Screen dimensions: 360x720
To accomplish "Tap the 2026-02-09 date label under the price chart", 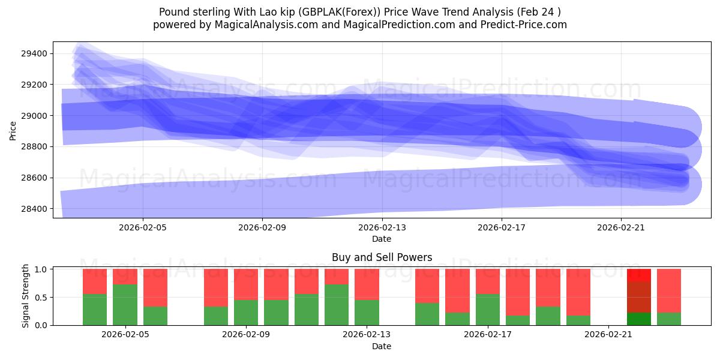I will (x=262, y=227).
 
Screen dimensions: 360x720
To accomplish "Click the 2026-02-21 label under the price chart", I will (x=620, y=227).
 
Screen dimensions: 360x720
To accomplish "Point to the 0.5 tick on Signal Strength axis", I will (x=42, y=298).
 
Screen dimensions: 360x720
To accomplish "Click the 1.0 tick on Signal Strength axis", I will (x=42, y=269).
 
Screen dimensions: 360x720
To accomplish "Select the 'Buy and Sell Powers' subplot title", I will (x=382, y=257).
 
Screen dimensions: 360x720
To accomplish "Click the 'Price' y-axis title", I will (x=13, y=130).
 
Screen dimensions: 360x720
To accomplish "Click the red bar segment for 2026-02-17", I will (x=487, y=281).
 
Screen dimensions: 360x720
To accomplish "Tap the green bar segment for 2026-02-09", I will (x=246, y=313).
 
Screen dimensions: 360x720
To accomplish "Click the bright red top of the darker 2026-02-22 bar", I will (x=638, y=275).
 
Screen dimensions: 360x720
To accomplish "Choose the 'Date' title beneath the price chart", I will (x=382, y=239).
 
